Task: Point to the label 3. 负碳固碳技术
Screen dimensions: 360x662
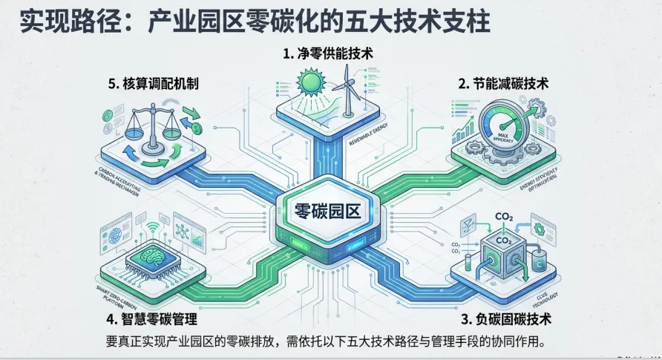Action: [x=506, y=321]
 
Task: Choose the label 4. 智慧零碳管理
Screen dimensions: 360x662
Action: [x=151, y=321]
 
